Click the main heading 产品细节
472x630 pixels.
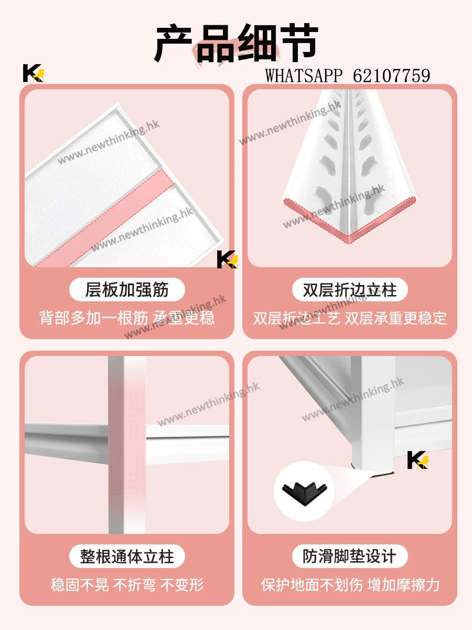point(236,43)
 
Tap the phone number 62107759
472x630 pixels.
point(391,76)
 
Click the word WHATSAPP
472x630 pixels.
point(304,76)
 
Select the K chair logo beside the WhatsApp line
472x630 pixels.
point(34,73)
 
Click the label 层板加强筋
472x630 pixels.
point(127,289)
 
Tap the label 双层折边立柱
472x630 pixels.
point(350,290)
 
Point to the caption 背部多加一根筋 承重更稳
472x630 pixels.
point(127,318)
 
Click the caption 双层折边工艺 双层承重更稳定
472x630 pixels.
point(350,318)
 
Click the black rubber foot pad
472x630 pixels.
point(304,491)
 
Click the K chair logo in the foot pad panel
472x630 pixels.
point(418,460)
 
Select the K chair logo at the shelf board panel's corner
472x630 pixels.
point(228,259)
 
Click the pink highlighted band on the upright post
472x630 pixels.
point(135,445)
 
